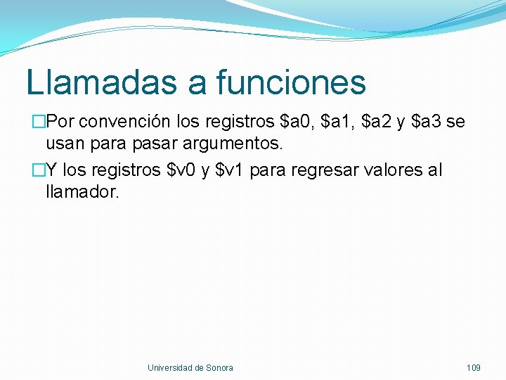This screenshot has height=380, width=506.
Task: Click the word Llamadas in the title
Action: coord(101,82)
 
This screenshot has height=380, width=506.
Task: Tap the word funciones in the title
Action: coord(291,82)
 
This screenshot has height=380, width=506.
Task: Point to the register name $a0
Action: coord(296,122)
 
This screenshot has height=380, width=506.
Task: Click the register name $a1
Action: coord(337,122)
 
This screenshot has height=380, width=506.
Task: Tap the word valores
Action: coord(391,170)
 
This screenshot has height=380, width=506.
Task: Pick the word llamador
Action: coord(82,192)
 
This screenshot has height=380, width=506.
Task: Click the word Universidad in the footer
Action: coord(169,367)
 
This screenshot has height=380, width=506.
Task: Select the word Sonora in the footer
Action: coord(219,367)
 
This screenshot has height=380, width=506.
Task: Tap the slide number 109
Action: coord(473,367)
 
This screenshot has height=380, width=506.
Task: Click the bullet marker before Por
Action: coord(39,122)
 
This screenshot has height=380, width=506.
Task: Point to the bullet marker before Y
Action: coord(39,171)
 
